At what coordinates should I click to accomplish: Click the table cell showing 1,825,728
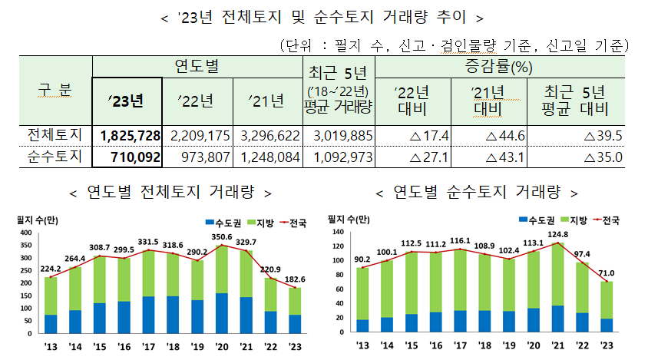(130, 135)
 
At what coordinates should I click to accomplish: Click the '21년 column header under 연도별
(269, 101)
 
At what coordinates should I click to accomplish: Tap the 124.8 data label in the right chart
(557, 234)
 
